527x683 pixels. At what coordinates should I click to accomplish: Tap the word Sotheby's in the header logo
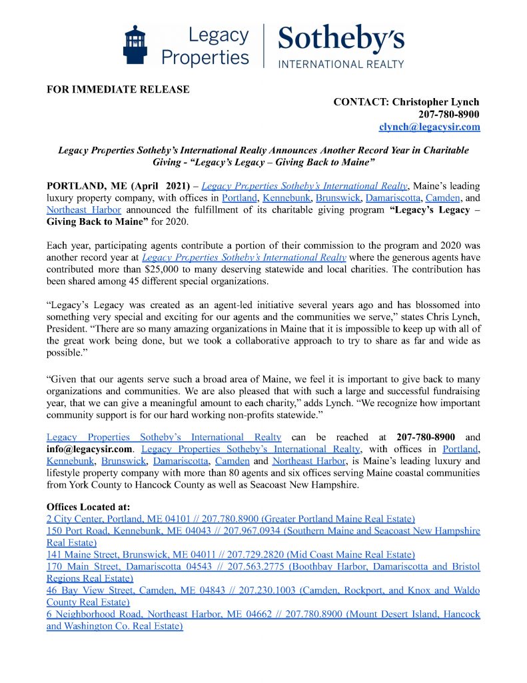[340, 39]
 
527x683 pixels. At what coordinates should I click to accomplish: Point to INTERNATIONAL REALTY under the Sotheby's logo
[340, 64]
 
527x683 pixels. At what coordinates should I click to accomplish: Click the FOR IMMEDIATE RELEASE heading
[118, 89]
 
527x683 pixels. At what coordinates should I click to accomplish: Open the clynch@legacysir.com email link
[428, 126]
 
